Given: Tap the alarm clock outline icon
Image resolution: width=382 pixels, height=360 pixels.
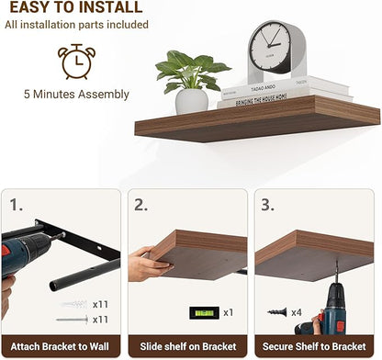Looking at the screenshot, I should (x=73, y=60).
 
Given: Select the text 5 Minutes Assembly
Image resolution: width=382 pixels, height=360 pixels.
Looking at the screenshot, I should (x=75, y=94).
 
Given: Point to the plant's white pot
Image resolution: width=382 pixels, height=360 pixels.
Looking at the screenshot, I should (x=191, y=100).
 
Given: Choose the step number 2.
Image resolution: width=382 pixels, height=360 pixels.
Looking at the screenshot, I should (x=141, y=204).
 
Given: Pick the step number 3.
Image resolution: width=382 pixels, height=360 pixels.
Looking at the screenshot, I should (x=267, y=204).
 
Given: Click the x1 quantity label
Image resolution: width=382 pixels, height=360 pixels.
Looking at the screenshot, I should (x=228, y=312).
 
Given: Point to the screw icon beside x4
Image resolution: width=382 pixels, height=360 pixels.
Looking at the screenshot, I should (x=278, y=312).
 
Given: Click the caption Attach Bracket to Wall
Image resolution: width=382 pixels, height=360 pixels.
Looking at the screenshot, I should (x=62, y=347).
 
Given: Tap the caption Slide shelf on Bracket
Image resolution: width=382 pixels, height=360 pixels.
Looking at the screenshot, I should (x=188, y=347).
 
